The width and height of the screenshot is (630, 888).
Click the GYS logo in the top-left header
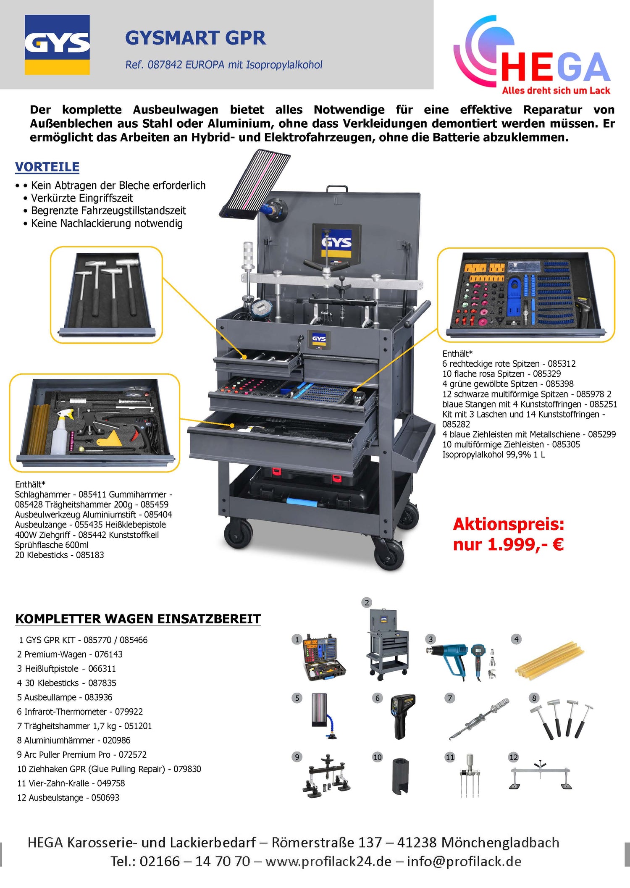(57, 45)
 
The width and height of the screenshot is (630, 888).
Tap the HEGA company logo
(532, 55)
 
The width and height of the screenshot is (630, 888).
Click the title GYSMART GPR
(195, 38)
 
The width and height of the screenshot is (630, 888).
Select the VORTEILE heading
(47, 167)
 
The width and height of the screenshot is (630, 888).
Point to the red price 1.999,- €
(508, 544)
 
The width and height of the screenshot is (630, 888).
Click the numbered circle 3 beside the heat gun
(430, 639)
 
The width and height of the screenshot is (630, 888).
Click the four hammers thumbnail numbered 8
(562, 718)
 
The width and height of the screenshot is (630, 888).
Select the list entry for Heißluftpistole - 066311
(66, 668)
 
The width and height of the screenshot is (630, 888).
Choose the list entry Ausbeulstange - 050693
(68, 797)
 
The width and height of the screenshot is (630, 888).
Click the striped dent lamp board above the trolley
(255, 184)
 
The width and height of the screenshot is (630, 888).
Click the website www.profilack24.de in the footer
(328, 862)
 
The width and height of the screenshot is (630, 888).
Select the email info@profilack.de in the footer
(464, 862)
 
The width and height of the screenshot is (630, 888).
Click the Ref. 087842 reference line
(224, 65)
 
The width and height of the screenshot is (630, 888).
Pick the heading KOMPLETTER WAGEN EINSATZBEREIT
(138, 619)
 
